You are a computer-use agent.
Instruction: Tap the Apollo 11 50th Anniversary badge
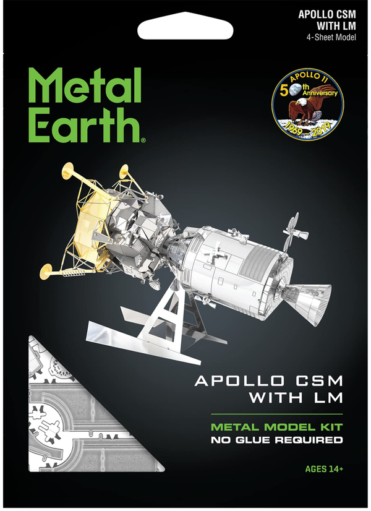[308, 104]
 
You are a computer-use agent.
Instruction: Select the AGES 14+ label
[324, 468]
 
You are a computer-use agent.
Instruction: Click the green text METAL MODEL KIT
[276, 427]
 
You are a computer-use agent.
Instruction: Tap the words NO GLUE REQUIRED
[276, 440]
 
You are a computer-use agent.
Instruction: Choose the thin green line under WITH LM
[276, 413]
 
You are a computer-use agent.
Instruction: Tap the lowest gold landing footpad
[47, 270]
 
